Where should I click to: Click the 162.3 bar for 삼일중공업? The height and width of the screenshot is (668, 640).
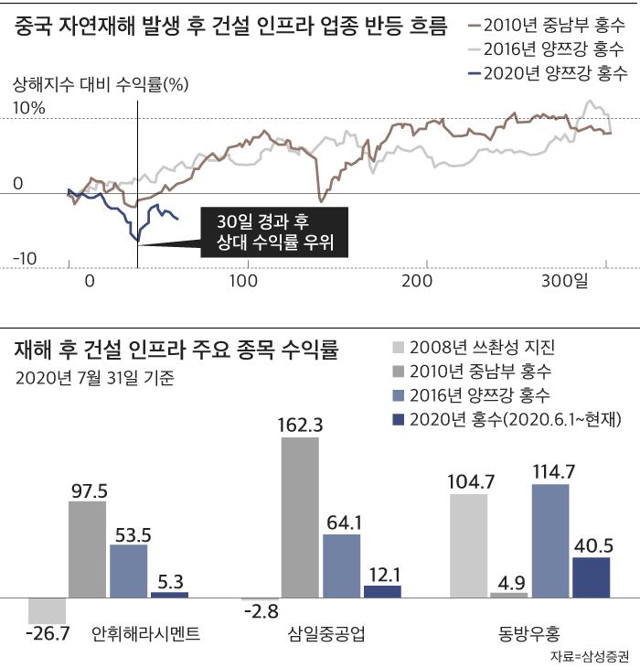tap(300, 517)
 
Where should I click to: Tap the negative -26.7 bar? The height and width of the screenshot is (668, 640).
tap(47, 610)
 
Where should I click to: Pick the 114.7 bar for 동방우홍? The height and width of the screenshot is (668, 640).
tap(549, 540)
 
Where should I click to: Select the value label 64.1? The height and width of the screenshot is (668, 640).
tap(343, 523)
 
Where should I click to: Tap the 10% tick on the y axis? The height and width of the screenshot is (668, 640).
tap(28, 108)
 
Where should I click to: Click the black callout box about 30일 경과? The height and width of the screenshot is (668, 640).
tap(273, 232)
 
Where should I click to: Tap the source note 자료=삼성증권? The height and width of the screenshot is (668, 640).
tap(590, 656)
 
